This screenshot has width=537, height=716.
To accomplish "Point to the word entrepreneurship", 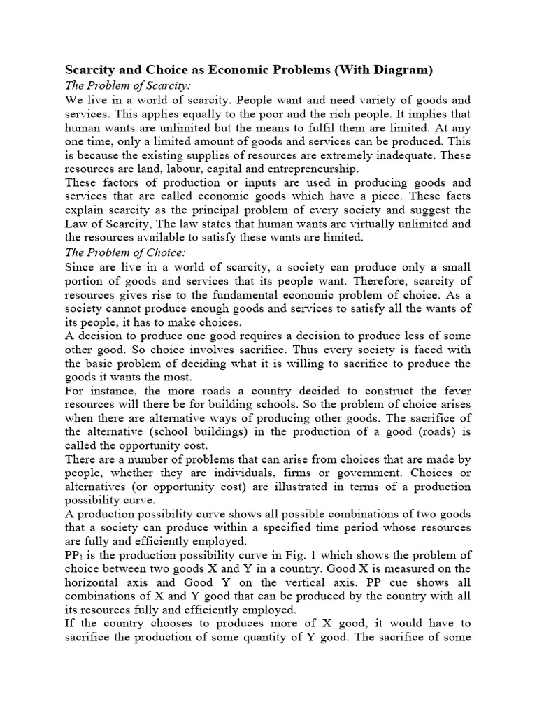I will [303, 169].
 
